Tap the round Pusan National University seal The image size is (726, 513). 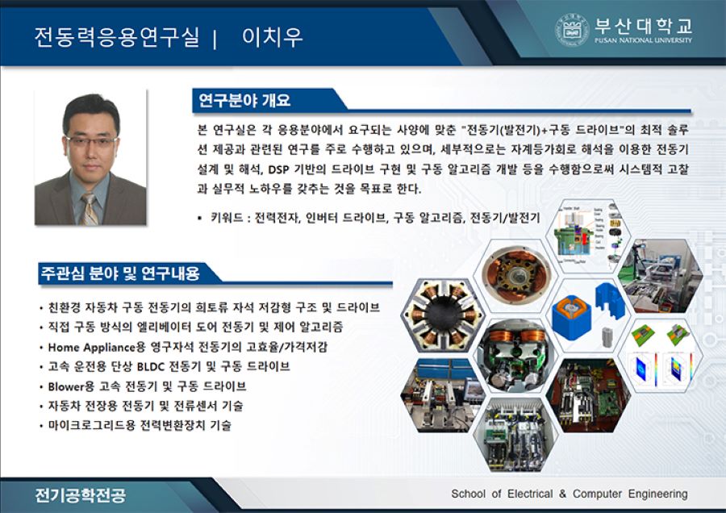click(x=572, y=30)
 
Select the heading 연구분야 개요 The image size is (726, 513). click(x=245, y=101)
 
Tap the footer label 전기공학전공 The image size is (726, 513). click(x=80, y=494)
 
